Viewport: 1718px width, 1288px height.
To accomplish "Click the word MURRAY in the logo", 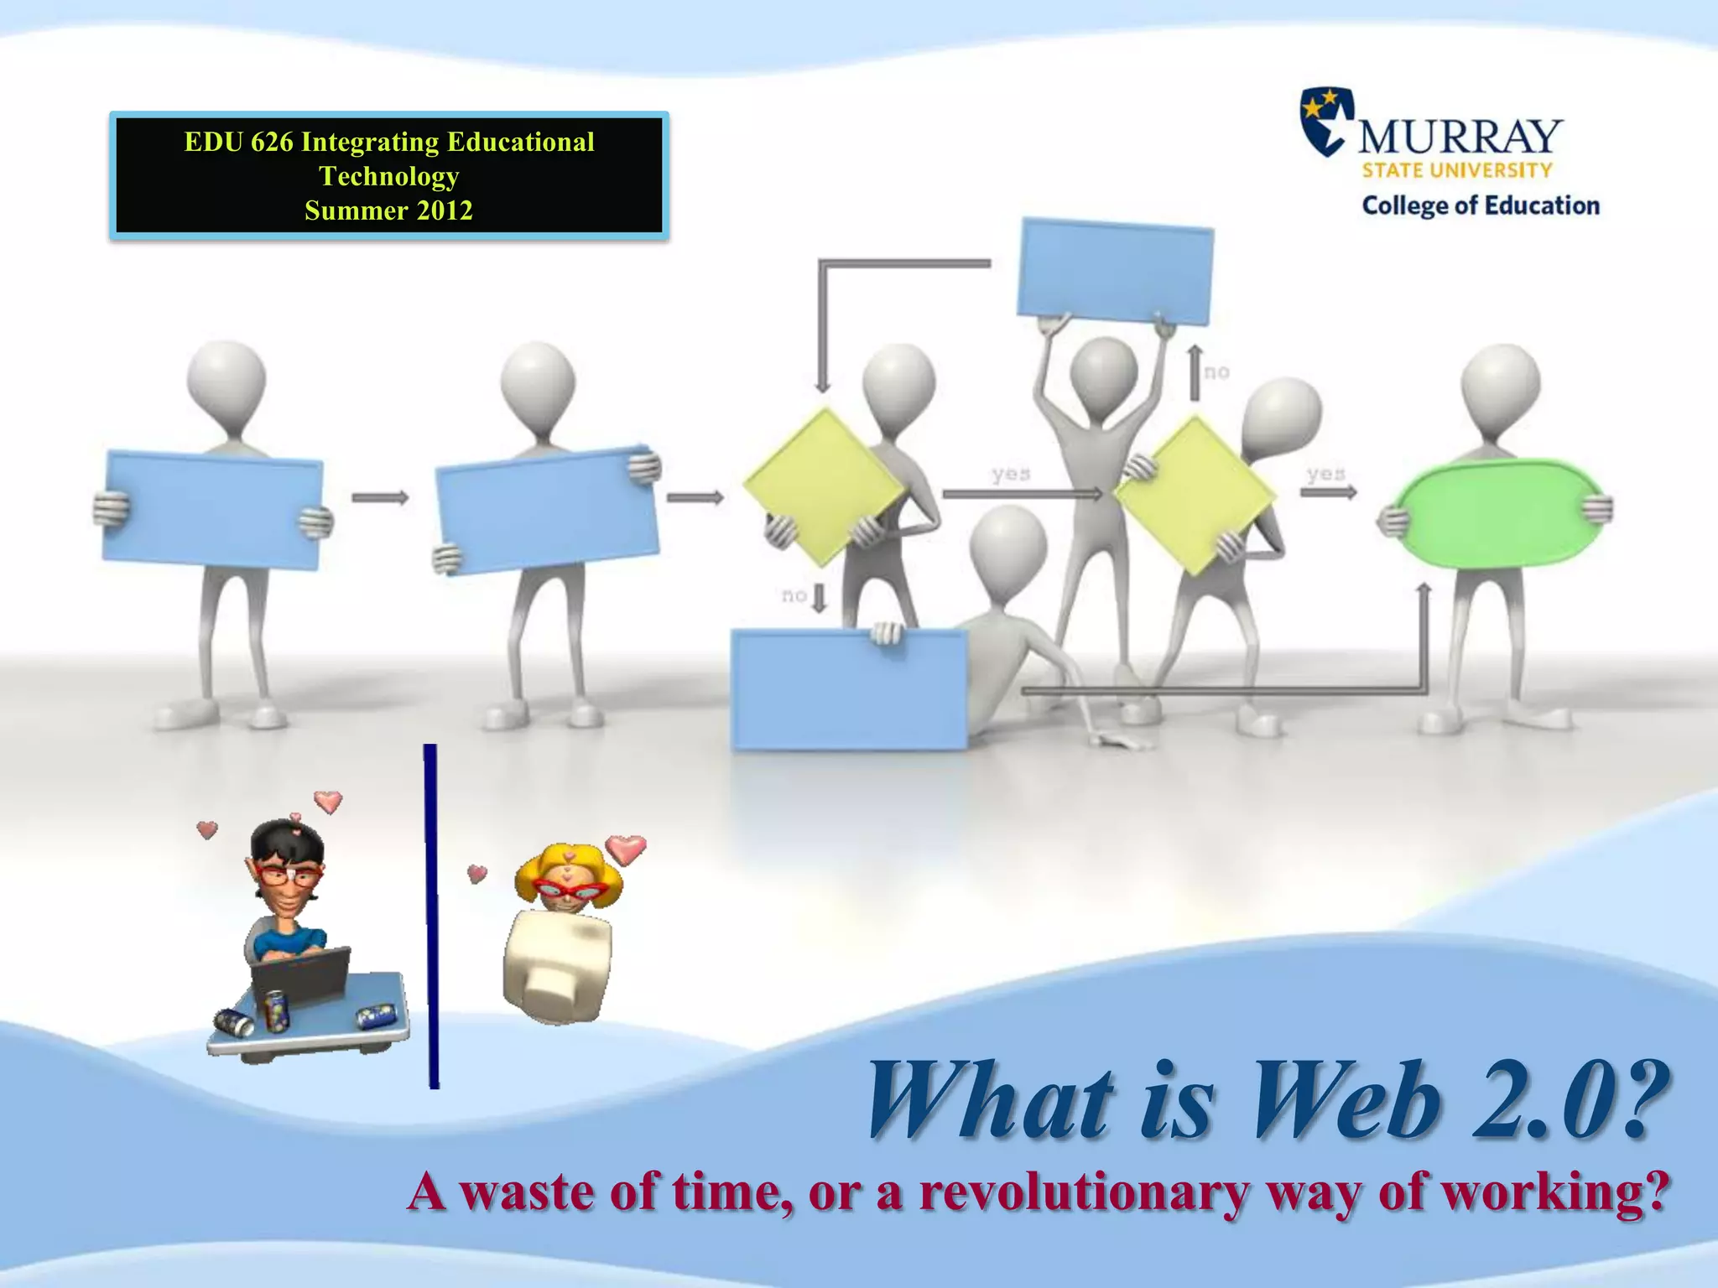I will click(x=1460, y=137).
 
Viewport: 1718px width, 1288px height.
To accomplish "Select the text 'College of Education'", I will click(x=1480, y=206).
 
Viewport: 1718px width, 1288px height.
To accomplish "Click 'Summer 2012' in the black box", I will click(x=388, y=210).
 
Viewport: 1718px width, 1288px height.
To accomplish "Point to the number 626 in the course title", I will click(x=272, y=143).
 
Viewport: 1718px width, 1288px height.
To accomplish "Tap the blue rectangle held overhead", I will click(x=1115, y=271).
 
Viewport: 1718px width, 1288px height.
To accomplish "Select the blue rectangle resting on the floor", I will click(x=849, y=689).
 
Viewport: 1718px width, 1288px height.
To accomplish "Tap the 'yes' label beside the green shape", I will click(x=1325, y=474).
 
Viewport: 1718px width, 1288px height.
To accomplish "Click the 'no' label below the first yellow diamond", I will click(x=794, y=595).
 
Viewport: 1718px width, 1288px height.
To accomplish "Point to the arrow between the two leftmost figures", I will click(x=379, y=498).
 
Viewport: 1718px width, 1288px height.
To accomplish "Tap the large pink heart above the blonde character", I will click(x=626, y=849).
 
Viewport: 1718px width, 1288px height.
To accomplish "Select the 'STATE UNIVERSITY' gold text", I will click(x=1457, y=171).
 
